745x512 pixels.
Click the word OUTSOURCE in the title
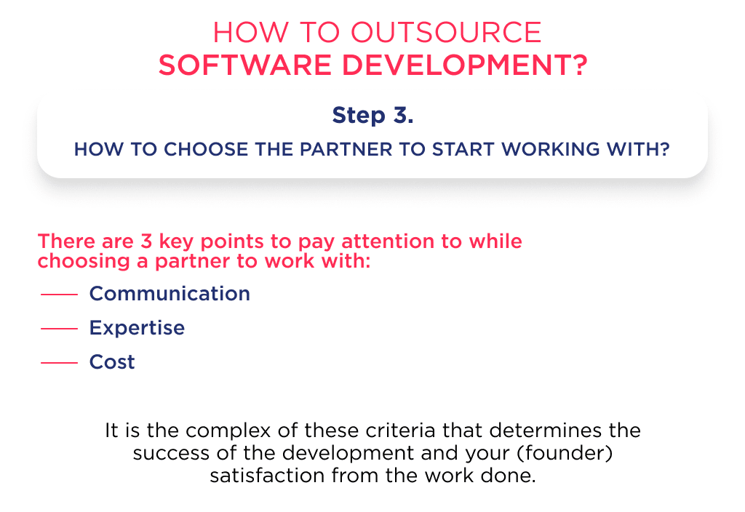(447, 33)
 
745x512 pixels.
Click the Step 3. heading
(372, 115)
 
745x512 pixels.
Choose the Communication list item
(170, 293)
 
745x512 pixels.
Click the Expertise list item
(137, 327)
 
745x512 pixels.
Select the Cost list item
(112, 361)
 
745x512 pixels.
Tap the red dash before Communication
(59, 295)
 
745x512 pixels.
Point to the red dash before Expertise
(59, 329)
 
